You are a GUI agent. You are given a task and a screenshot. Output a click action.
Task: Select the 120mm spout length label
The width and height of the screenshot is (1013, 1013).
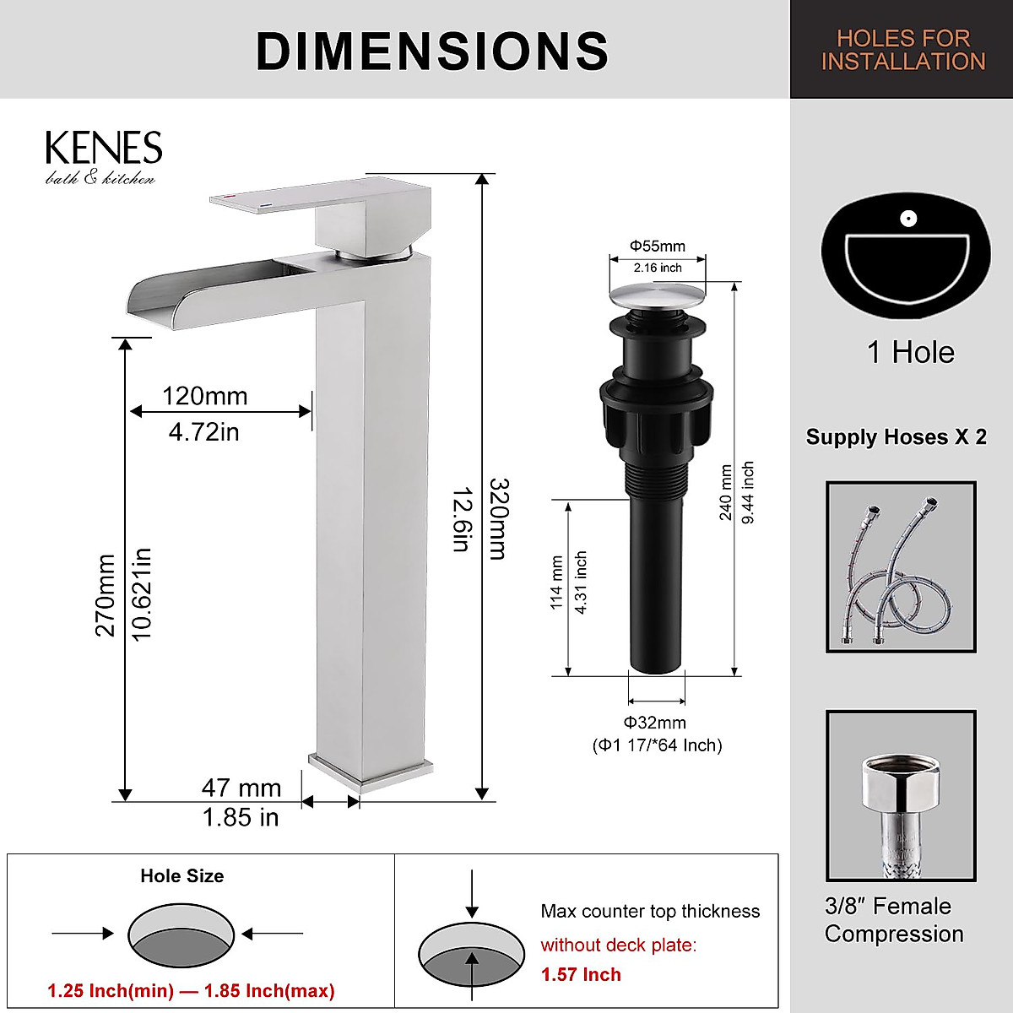pos(204,396)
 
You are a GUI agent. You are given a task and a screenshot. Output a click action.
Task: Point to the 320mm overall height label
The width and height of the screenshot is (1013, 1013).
pos(499,518)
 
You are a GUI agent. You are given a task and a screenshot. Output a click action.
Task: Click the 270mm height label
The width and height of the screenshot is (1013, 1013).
pos(105,594)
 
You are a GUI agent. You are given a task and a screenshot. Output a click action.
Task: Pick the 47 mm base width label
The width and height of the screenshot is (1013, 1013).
pos(241,788)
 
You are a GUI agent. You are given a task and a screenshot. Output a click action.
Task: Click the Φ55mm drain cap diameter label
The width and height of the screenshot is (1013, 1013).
pos(657,246)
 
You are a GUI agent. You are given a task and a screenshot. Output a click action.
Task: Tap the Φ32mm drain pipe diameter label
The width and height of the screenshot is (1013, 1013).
pos(655,723)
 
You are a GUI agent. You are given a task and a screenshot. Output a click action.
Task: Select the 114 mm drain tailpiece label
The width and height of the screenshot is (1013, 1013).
pos(556,582)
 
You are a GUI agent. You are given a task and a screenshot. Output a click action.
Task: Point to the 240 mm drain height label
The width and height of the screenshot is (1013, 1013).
pos(725,492)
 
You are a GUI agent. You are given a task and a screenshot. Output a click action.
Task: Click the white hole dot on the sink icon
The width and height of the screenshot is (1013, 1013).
pos(908,219)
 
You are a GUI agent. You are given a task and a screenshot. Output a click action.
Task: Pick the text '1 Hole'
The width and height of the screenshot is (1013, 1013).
pos(910,352)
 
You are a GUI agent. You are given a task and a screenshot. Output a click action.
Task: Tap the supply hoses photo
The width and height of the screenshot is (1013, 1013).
pos(901,566)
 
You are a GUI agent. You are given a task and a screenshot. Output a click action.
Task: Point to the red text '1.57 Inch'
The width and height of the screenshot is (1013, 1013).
pos(581,974)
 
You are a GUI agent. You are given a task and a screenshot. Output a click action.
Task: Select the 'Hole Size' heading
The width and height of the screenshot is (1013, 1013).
pos(181,876)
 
